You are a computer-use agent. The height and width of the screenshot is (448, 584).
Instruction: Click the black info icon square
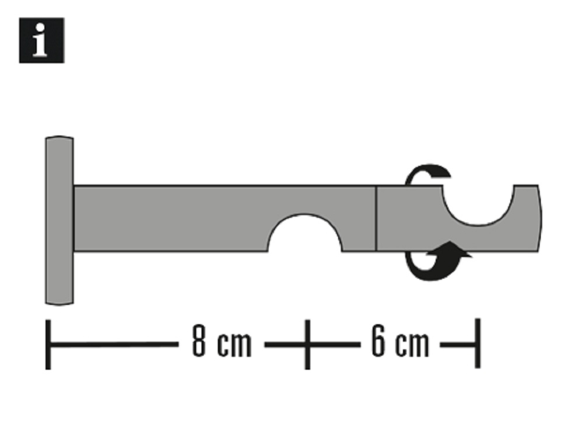(41, 40)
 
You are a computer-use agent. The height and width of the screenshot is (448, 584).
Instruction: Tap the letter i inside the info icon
(40, 40)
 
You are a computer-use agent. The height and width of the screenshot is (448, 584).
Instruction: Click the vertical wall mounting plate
(59, 220)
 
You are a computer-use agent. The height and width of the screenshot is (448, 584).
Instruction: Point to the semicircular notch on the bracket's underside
(305, 232)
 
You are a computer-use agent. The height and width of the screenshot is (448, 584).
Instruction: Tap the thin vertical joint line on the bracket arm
(376, 218)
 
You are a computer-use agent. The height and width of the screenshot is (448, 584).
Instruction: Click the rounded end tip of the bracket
(539, 218)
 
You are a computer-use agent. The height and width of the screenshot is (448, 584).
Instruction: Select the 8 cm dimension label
(221, 341)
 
